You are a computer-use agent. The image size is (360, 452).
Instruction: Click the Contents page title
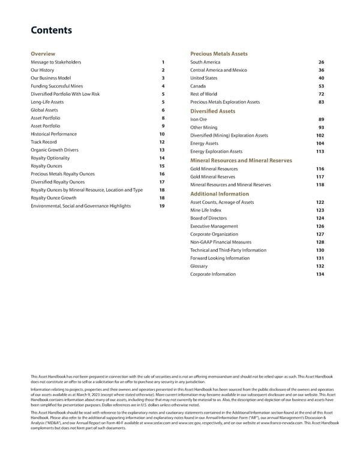pos(51,31)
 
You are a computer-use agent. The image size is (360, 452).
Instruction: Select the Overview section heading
pos(43,54)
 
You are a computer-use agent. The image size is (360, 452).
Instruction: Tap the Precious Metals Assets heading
pos(218,54)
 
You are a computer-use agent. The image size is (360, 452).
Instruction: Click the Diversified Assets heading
pos(212,111)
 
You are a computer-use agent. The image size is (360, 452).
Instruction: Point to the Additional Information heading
pos(219,194)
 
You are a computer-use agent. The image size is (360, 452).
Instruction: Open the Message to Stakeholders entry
pos(56,62)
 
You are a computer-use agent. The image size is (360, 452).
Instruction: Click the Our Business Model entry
pos(50,78)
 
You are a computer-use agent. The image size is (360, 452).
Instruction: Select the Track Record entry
pos(44,141)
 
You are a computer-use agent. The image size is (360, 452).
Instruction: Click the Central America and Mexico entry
pos(218,70)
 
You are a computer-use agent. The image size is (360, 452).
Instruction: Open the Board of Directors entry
pos(210,218)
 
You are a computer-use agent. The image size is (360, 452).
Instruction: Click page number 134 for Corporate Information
pos(320,274)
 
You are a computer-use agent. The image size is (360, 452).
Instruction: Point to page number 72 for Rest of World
pos(321,94)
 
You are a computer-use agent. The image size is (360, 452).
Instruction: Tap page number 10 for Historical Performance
pos(162,134)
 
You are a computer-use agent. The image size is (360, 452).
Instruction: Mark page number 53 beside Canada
pos(321,86)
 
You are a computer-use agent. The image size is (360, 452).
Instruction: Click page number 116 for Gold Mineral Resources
pos(320,170)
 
